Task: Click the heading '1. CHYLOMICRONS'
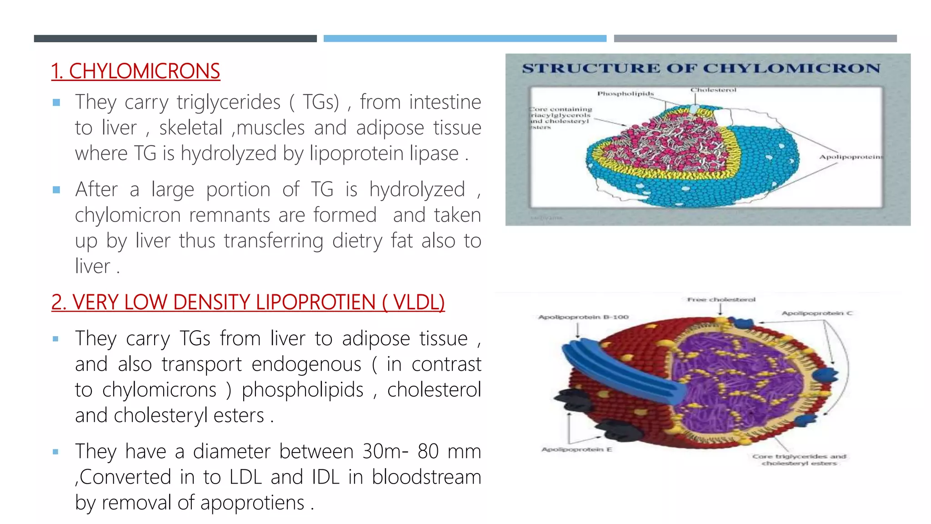(135, 71)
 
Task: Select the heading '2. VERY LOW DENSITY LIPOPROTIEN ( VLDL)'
(248, 302)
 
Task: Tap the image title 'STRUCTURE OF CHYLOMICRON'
(701, 69)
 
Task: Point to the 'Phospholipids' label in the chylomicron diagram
(625, 94)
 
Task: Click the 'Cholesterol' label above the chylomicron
(713, 90)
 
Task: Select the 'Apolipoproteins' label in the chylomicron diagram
(851, 157)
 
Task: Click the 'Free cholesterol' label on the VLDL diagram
(721, 300)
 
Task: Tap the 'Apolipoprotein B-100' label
(583, 317)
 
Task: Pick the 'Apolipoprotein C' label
(817, 313)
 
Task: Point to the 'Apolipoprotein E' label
(576, 449)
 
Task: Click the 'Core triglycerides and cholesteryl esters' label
(799, 459)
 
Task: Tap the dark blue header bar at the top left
(175, 39)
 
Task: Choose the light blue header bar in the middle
(465, 39)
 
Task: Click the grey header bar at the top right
(755, 39)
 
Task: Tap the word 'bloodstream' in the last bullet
(426, 477)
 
